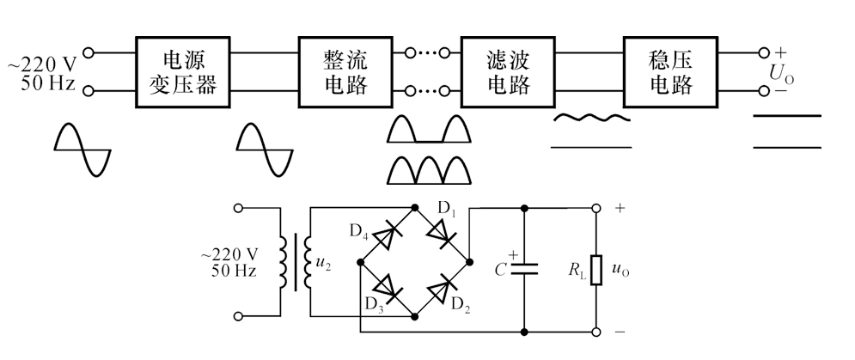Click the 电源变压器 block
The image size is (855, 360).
click(x=181, y=72)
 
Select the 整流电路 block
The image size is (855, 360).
click(x=345, y=72)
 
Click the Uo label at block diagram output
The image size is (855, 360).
click(x=781, y=75)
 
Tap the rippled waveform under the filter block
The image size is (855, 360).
click(x=591, y=118)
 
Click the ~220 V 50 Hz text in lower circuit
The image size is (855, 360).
click(x=229, y=263)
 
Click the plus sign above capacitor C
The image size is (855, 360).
click(x=514, y=254)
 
